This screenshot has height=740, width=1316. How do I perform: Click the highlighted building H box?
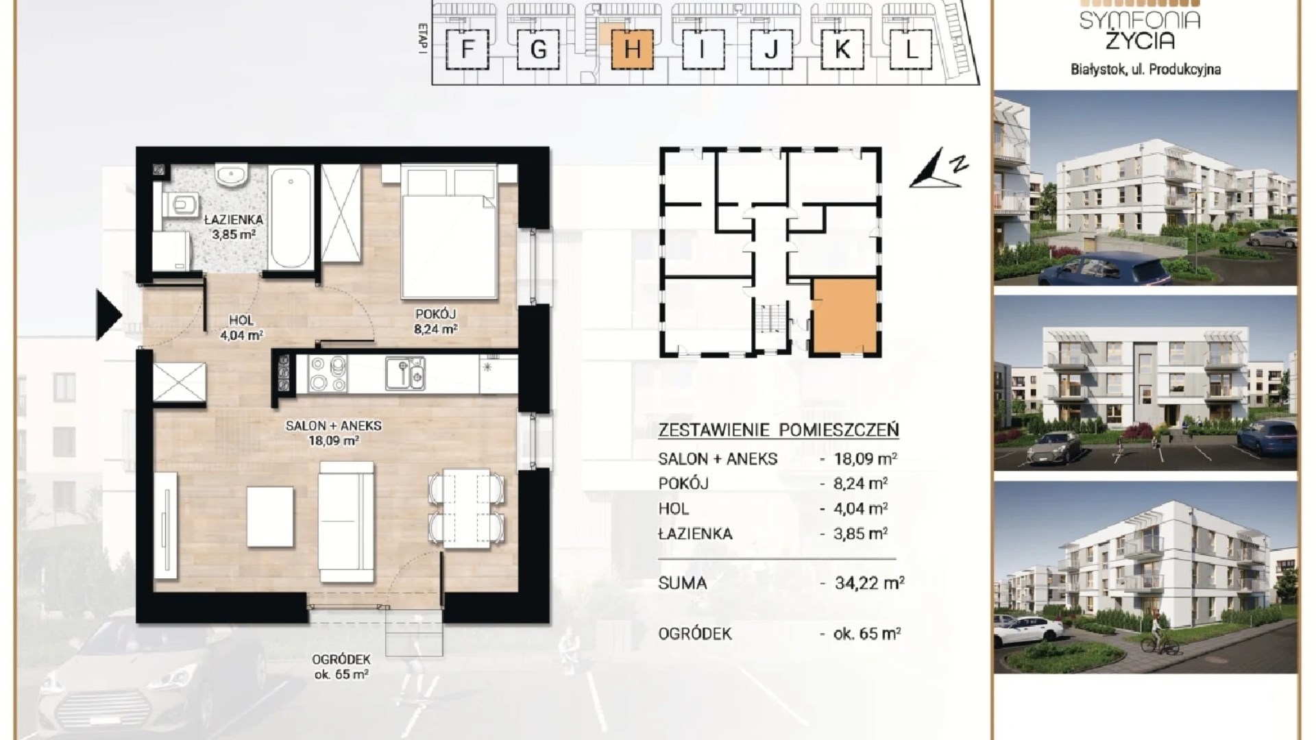[x=633, y=50]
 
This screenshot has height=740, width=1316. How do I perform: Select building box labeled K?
[x=842, y=50]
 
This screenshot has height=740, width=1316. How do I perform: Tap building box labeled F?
[x=468, y=50]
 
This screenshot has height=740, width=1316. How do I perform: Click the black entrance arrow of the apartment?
[x=108, y=315]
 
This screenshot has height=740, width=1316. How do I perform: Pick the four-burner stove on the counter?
[x=330, y=373]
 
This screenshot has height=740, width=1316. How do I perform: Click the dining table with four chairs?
[x=466, y=508]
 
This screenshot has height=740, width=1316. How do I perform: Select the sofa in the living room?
[x=347, y=521]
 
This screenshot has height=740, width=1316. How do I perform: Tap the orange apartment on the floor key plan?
[x=844, y=316]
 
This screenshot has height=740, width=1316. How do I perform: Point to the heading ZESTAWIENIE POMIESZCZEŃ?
[x=778, y=430]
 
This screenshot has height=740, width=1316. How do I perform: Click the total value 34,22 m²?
[x=869, y=583]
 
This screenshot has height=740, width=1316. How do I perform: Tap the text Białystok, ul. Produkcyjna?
[x=1145, y=69]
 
